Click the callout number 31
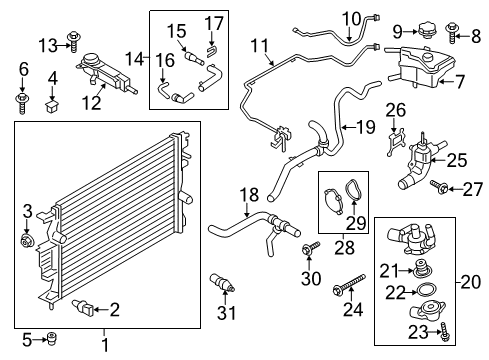tap(227, 313)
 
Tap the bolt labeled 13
tap(74, 41)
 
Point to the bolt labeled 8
tap(452, 32)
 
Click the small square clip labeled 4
tap(51, 105)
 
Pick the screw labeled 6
tap(22, 103)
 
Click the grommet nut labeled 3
tap(26, 241)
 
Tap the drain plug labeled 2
tap(83, 308)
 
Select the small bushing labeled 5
tap(52, 339)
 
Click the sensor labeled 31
tap(222, 282)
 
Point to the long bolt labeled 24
tap(350, 284)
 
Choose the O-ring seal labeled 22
tap(428, 289)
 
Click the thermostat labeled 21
tap(422, 268)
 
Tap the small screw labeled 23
tap(445, 331)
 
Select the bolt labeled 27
tap(438, 187)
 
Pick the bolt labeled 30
tap(310, 248)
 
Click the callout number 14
tap(134, 59)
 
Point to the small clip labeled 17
tap(212, 51)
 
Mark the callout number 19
tap(366, 127)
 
